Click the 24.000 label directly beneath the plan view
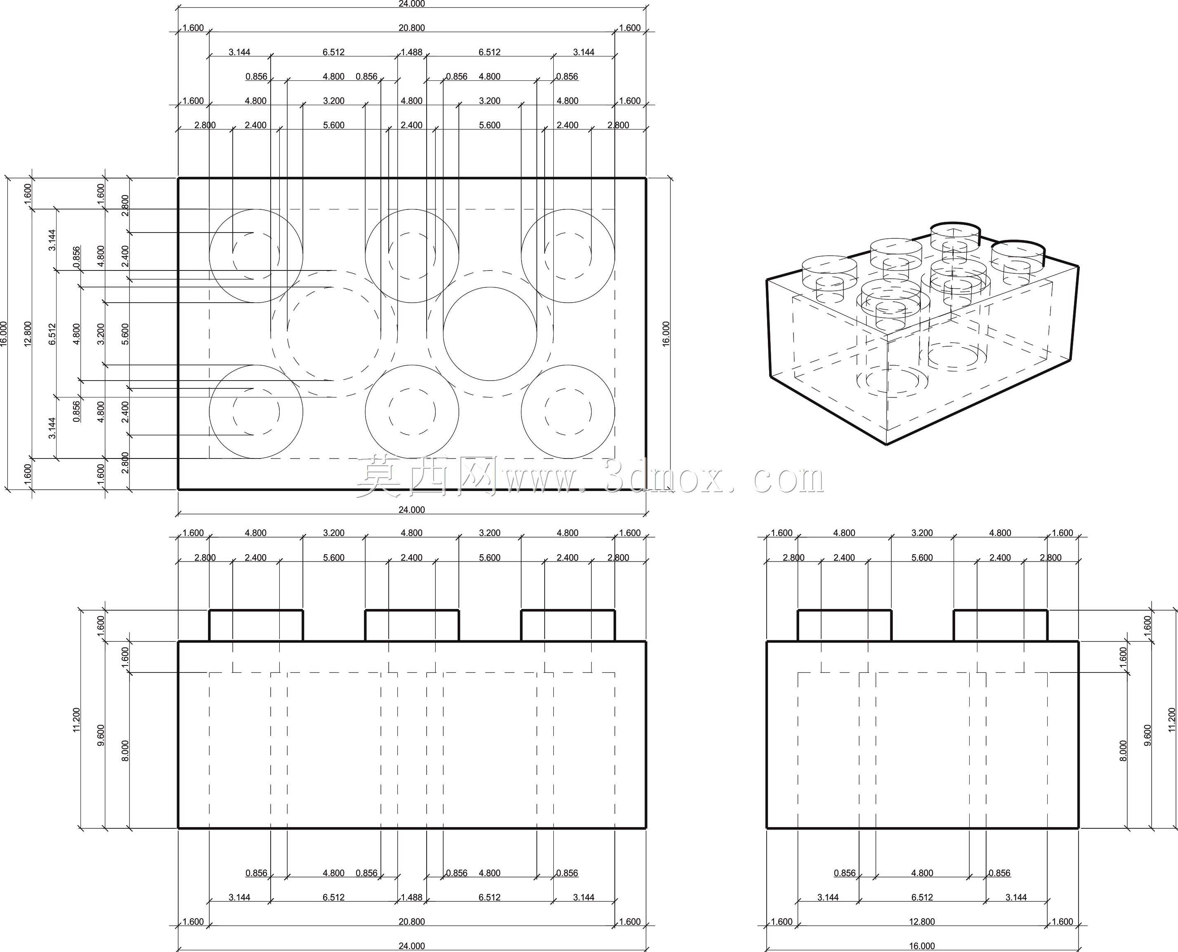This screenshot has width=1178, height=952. click(x=411, y=510)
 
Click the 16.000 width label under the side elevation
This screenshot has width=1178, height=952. click(x=922, y=946)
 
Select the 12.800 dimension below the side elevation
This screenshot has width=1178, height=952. click(x=922, y=922)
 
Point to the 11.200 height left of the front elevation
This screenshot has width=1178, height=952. click(x=76, y=719)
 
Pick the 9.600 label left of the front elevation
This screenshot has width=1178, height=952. click(x=100, y=735)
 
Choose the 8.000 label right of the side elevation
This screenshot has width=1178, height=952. click(x=1123, y=751)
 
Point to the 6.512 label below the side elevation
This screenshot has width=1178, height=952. click(x=922, y=897)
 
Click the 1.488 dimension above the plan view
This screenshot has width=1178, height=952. click(x=411, y=52)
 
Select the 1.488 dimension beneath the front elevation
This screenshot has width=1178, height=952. click(x=411, y=897)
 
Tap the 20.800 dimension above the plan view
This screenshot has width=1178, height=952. click(x=411, y=28)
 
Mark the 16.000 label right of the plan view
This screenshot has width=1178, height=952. click(x=666, y=334)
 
